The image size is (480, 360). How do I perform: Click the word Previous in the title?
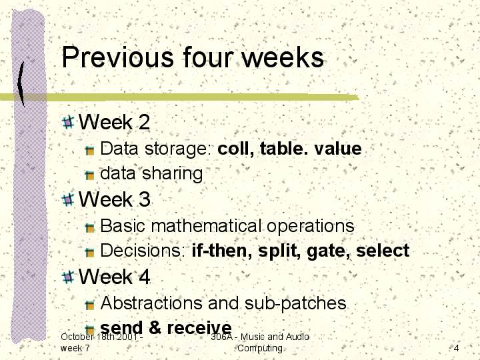118,57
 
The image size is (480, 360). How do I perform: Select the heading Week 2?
114,122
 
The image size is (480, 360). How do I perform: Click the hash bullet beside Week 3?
68,200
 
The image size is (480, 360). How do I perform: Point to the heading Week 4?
114,277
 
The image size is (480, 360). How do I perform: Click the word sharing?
173,173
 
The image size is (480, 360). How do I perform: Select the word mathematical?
206,226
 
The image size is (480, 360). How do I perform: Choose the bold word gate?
328,251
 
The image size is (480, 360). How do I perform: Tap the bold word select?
383,251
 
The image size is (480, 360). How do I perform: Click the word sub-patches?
295,303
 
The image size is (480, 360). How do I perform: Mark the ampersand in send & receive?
155,327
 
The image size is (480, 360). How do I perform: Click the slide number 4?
456,348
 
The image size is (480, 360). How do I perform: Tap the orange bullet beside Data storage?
89,150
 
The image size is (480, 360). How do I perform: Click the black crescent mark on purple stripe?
21,84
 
